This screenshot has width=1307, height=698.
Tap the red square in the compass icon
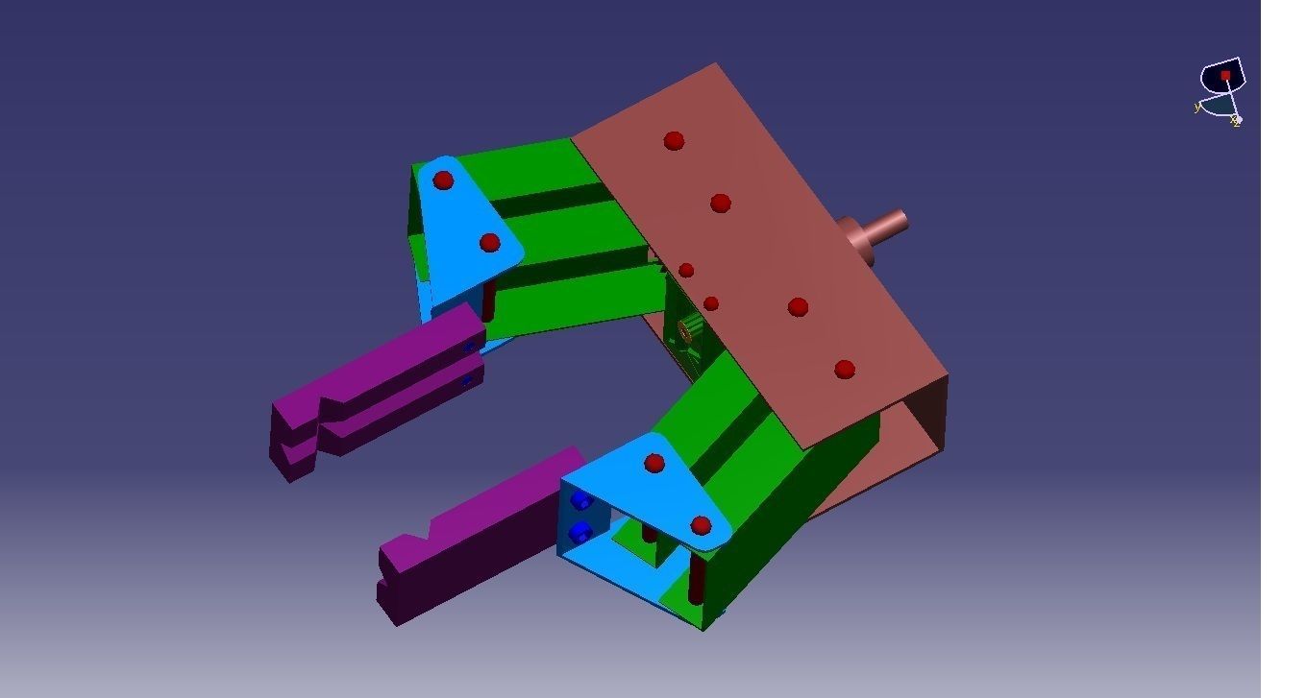[x=1225, y=75]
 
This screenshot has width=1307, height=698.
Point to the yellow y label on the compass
[x=1197, y=108]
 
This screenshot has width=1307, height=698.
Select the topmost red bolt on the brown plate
[x=674, y=141]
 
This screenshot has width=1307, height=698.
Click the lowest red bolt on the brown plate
[x=845, y=369]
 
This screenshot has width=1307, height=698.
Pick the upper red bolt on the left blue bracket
[x=443, y=180]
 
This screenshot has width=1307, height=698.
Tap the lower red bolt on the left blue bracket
[x=490, y=242]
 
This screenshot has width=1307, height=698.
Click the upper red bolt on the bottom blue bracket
[x=654, y=464]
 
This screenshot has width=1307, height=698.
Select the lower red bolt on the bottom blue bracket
[x=701, y=525]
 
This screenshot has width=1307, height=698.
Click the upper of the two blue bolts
[x=580, y=501]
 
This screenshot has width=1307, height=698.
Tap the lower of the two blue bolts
[x=579, y=532]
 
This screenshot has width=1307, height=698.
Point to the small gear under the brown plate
[x=689, y=332]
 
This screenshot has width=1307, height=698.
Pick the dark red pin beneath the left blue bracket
[x=488, y=300]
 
